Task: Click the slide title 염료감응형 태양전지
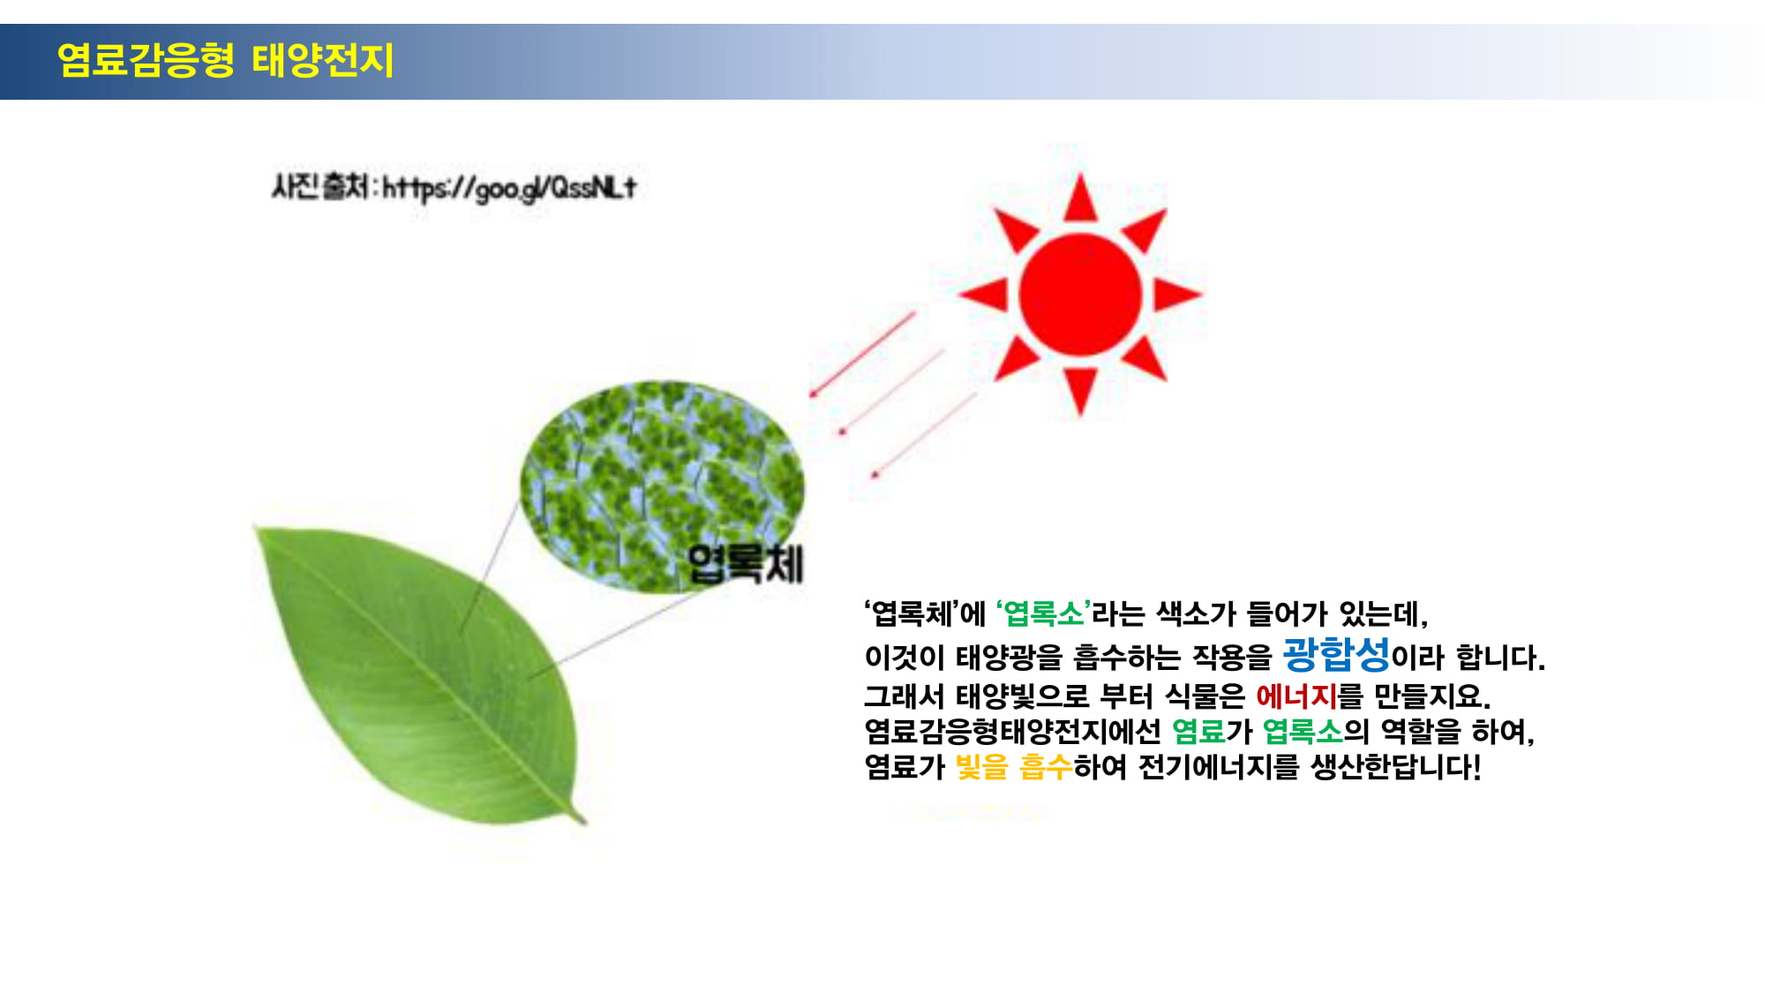pyautogui.click(x=225, y=60)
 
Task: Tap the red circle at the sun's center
pyautogui.click(x=1080, y=294)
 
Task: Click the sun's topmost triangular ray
pyautogui.click(x=1080, y=198)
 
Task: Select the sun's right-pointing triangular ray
pyautogui.click(x=1176, y=294)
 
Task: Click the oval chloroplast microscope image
pyautogui.click(x=662, y=486)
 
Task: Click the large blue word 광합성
pyautogui.click(x=1335, y=654)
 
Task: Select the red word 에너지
pyautogui.click(x=1296, y=696)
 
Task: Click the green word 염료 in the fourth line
pyautogui.click(x=1198, y=731)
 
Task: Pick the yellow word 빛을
pyautogui.click(x=981, y=766)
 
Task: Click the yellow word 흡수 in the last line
pyautogui.click(x=1046, y=766)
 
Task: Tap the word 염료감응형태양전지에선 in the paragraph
pyautogui.click(x=1012, y=731)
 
